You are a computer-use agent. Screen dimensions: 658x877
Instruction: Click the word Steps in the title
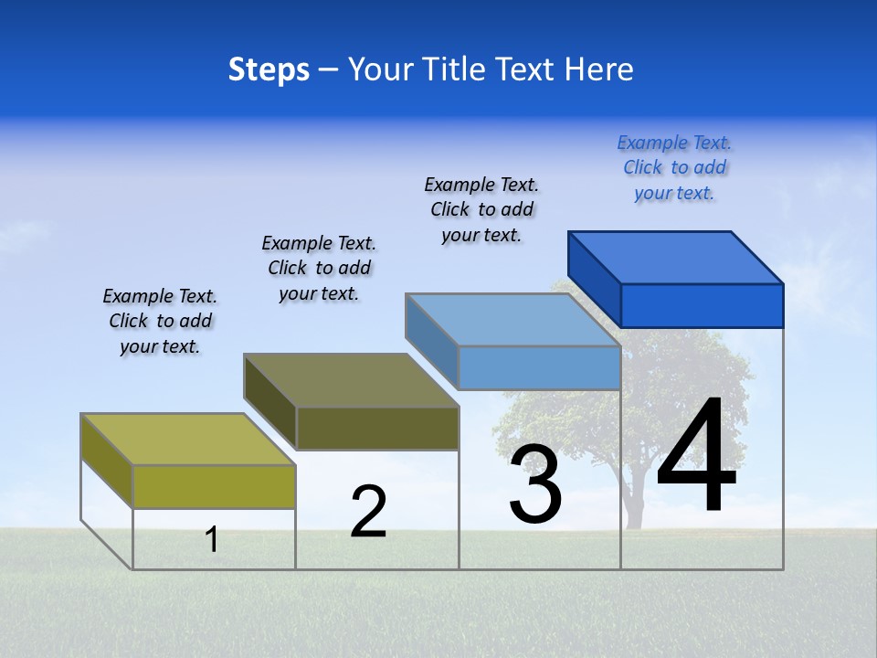(x=269, y=69)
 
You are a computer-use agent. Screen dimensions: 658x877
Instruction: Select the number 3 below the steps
(x=535, y=484)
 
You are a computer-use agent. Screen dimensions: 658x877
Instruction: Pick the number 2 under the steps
(x=368, y=512)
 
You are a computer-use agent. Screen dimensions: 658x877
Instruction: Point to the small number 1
(x=212, y=539)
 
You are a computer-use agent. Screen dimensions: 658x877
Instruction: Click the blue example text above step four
(x=674, y=168)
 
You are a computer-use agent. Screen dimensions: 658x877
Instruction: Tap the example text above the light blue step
(x=481, y=209)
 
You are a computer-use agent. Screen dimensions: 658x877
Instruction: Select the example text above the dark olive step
(x=319, y=268)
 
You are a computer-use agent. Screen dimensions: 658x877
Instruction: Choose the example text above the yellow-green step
(x=160, y=321)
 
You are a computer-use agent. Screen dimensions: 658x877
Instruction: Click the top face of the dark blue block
(x=676, y=258)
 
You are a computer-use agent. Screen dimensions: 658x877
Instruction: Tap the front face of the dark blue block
(x=702, y=305)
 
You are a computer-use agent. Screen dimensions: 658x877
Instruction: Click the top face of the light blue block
(x=513, y=320)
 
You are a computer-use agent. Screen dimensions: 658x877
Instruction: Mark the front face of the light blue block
(x=539, y=367)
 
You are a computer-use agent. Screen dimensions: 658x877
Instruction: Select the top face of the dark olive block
(x=351, y=380)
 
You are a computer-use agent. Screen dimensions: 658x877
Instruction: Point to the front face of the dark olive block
(x=377, y=428)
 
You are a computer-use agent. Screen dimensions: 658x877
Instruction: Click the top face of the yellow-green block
(x=188, y=440)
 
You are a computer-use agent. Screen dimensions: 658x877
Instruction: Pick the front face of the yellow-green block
(x=214, y=486)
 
